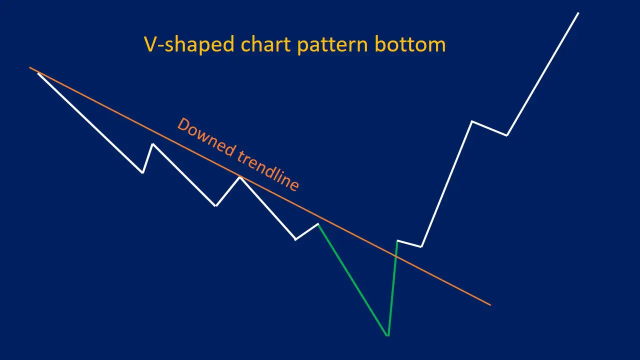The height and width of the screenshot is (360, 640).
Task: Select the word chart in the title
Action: [x=265, y=45]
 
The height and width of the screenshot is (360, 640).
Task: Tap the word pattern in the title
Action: [x=332, y=45]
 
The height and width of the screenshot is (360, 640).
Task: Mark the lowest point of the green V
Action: [x=388, y=335]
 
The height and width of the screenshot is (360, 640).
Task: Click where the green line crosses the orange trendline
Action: [x=395, y=255]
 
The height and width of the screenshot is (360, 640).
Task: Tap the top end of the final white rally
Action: [x=578, y=13]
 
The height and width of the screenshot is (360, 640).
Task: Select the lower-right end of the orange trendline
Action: [x=490, y=304]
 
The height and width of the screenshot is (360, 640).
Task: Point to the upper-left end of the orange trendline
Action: [x=30, y=67]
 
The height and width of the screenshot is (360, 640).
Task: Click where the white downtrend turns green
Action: [x=318, y=224]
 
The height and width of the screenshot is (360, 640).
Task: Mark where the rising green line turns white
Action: [x=397, y=241]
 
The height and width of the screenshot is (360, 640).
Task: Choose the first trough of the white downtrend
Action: [x=143, y=172]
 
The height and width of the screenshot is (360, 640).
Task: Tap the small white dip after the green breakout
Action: [x=421, y=246]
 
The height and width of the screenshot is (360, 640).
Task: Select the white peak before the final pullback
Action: [x=471, y=121]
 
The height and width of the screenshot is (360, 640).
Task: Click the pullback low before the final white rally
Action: [x=507, y=135]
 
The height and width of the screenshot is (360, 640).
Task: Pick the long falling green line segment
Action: [x=353, y=279]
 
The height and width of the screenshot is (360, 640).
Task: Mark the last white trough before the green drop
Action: [x=295, y=239]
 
